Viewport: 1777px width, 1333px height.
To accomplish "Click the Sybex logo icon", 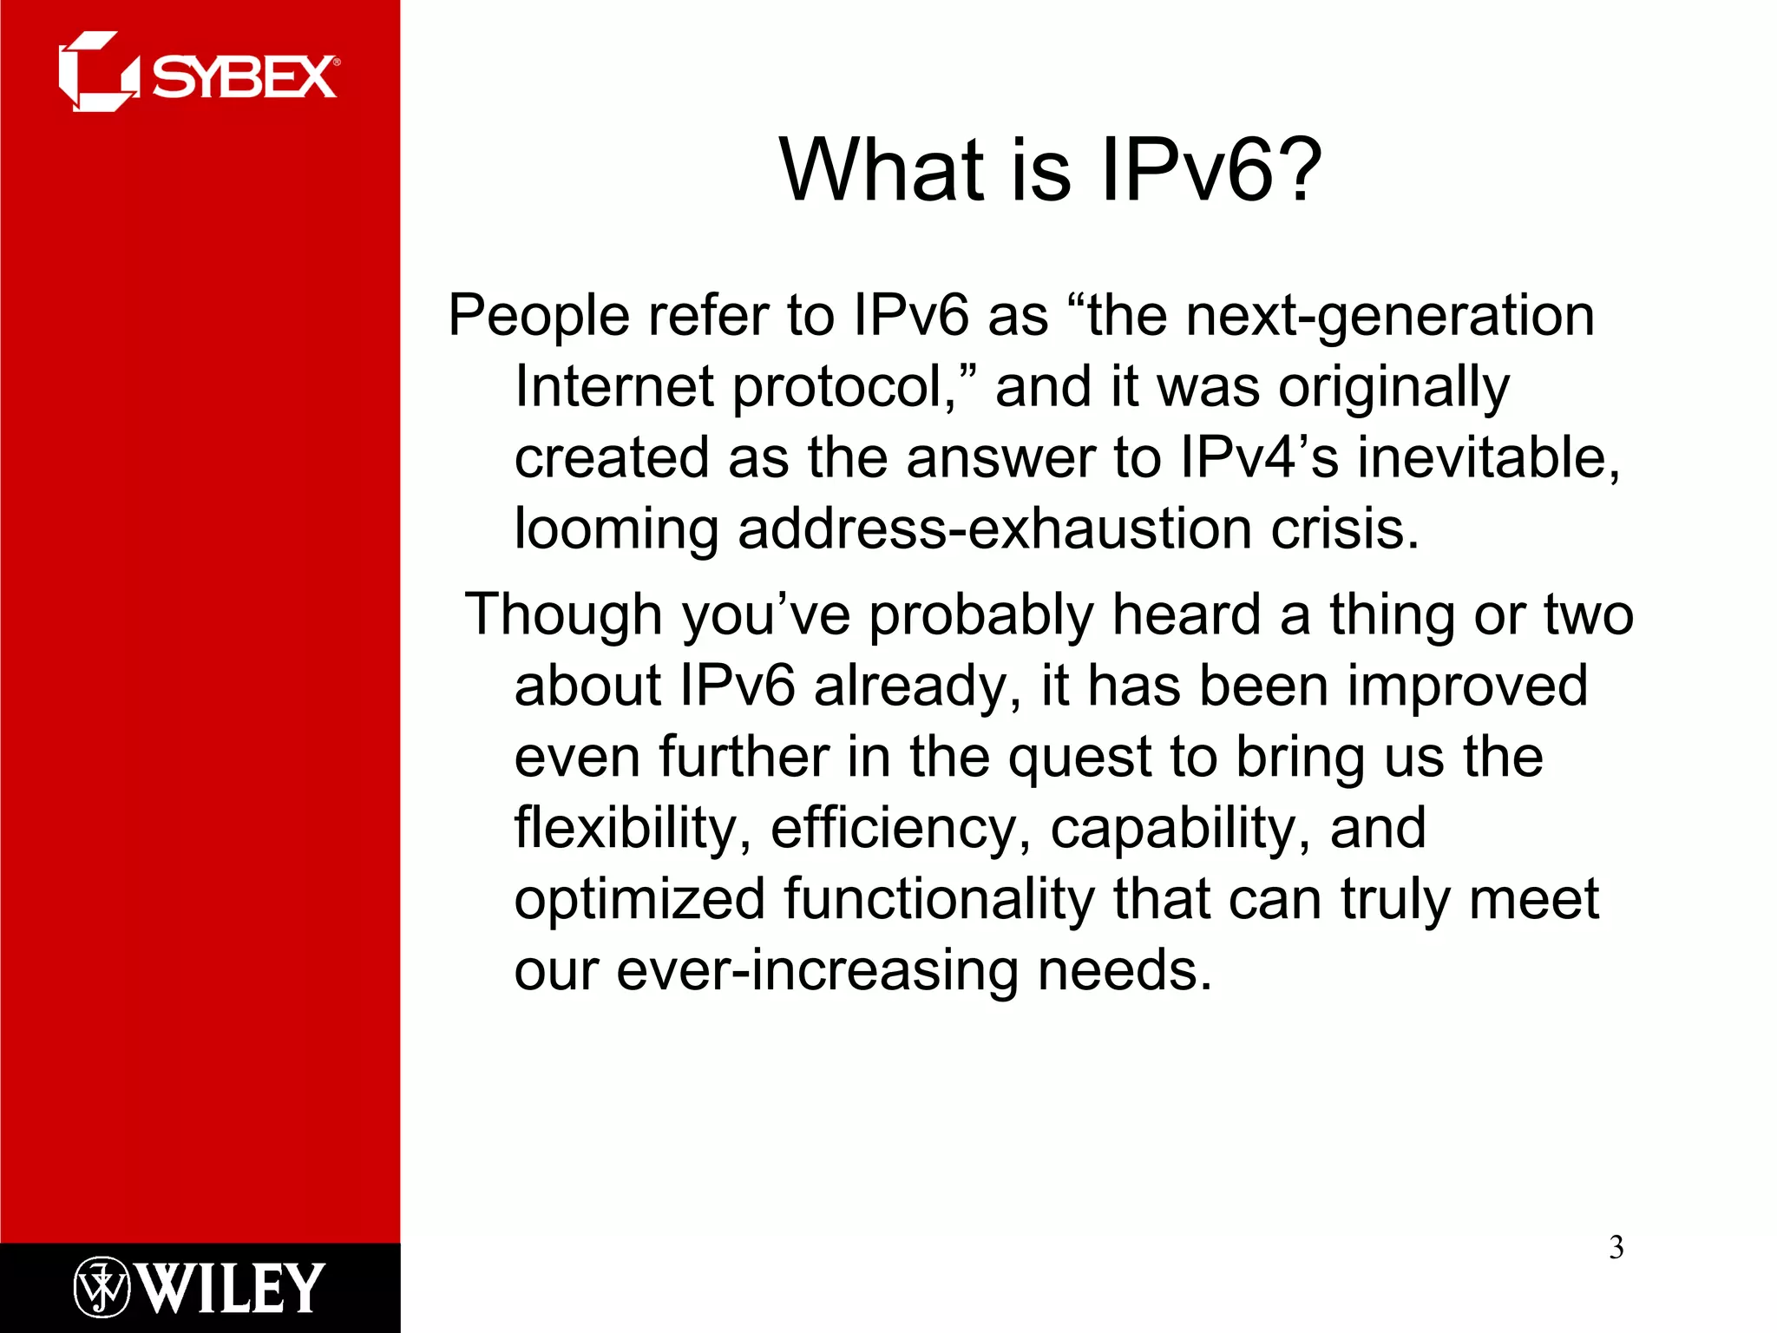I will click(x=96, y=72).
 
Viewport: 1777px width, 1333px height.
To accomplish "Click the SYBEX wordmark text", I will click(x=245, y=78).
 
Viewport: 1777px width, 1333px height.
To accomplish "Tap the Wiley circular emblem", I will click(x=102, y=1286).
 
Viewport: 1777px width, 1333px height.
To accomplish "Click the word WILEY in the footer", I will click(x=231, y=1288).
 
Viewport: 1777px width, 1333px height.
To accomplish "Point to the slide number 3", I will click(x=1616, y=1248).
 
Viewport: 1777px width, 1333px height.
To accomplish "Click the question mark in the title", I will click(x=1293, y=170).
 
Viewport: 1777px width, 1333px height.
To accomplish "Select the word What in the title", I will click(x=882, y=170).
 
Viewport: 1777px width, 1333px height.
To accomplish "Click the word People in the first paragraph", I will click(x=538, y=316).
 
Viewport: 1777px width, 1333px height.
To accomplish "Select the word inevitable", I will click(x=1488, y=458).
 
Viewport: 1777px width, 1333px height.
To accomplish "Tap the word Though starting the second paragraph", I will click(x=563, y=615).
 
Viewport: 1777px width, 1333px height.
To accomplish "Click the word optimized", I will click(x=639, y=900).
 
